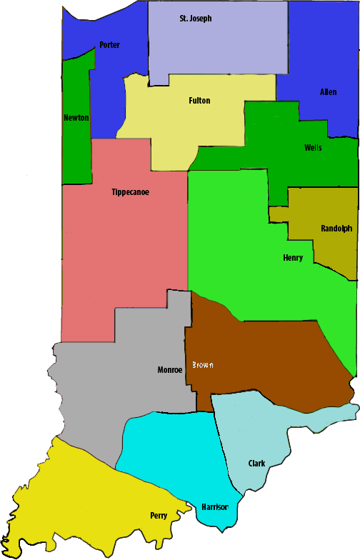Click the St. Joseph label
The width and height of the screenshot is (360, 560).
(x=195, y=19)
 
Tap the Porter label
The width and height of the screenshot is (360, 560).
(x=109, y=45)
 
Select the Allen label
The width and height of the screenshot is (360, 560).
(x=328, y=92)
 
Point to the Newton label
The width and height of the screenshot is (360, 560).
(x=76, y=117)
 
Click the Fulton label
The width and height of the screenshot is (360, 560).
(x=199, y=101)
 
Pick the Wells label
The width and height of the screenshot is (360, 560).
(x=313, y=148)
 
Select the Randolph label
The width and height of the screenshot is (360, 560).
(x=336, y=229)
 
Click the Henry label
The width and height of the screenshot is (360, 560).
(x=293, y=258)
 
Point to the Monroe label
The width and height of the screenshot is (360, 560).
(x=170, y=370)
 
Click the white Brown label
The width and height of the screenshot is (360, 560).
(x=202, y=365)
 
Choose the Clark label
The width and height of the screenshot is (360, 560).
(x=256, y=464)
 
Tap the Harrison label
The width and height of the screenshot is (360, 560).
(x=214, y=506)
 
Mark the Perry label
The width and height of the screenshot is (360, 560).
(x=159, y=515)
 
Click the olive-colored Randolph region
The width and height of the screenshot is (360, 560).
(x=329, y=250)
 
